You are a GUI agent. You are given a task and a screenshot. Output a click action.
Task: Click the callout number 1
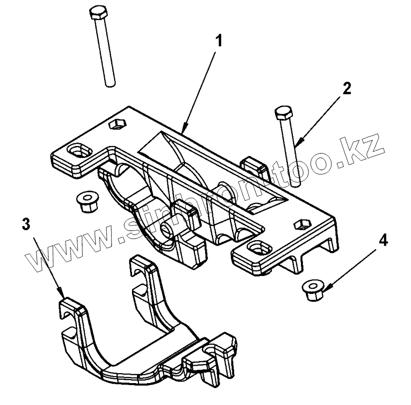tap(218, 41)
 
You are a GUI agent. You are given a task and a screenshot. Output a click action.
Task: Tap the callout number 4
tap(383, 241)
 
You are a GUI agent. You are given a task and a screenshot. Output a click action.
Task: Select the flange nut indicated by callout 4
tap(313, 289)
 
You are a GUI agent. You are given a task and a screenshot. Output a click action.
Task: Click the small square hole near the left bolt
tap(118, 123)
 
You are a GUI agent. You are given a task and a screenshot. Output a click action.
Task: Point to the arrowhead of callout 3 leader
tap(62, 293)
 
